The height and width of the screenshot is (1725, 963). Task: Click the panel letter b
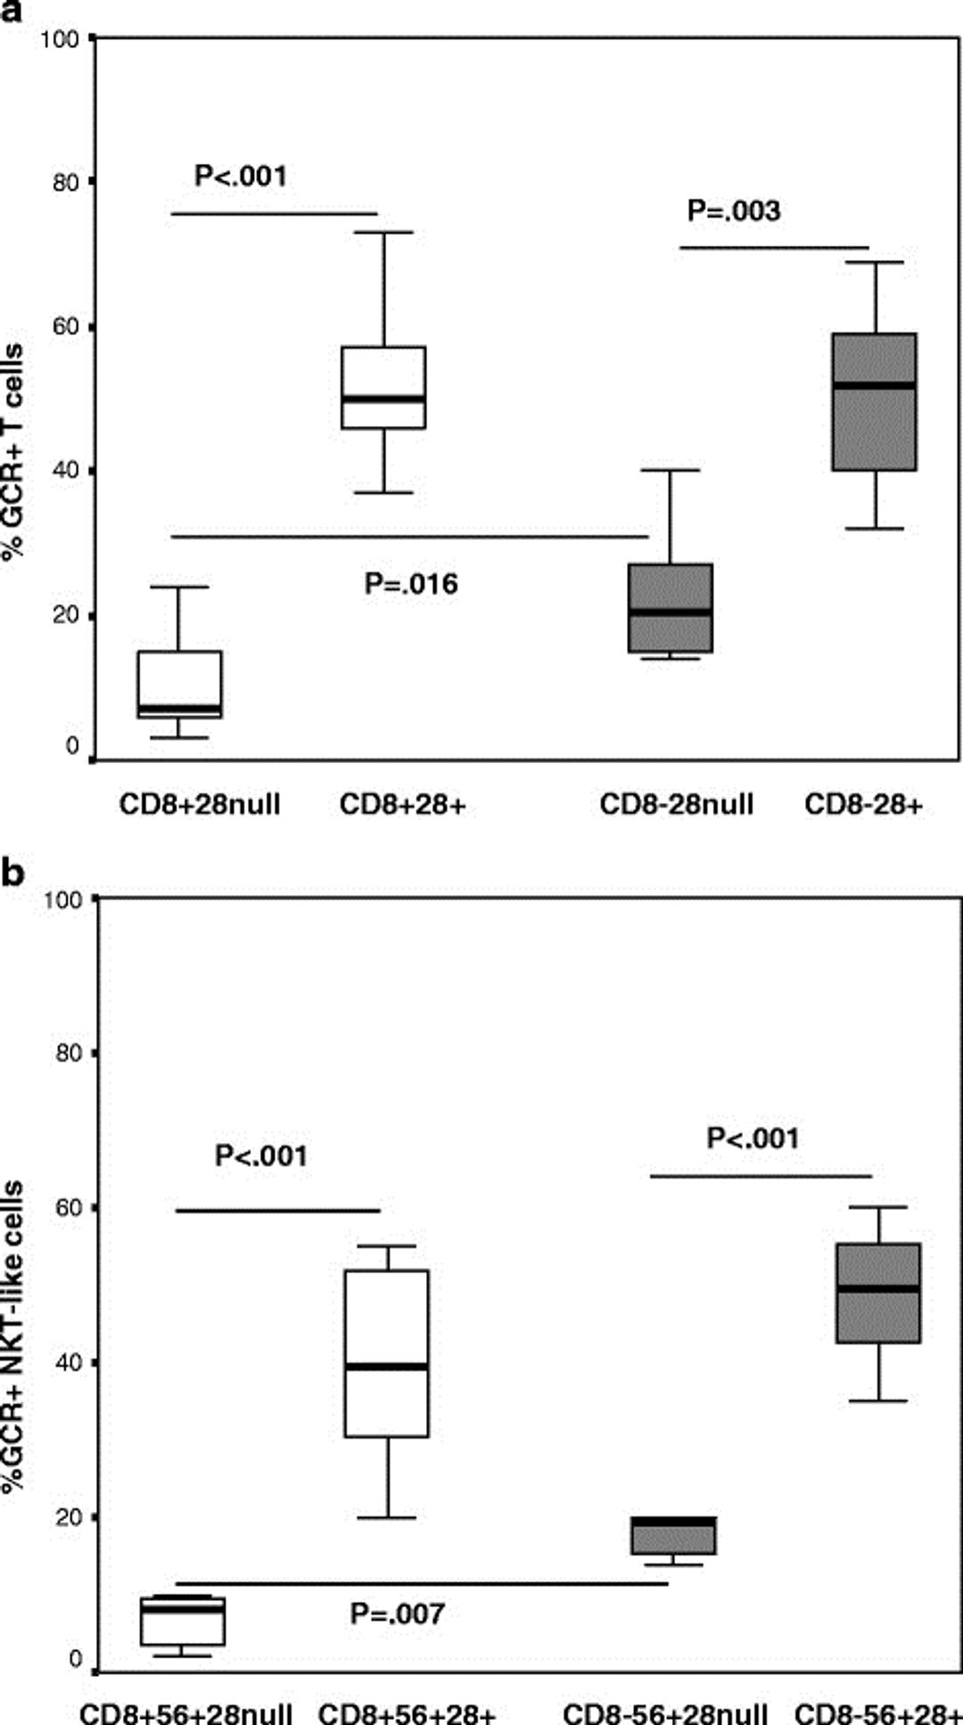pyautogui.click(x=12, y=873)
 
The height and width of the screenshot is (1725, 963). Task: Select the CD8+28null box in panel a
pyautogui.click(x=179, y=684)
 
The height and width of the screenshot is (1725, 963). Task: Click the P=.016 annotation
pyautogui.click(x=411, y=585)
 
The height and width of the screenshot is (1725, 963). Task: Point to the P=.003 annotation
pyautogui.click(x=733, y=211)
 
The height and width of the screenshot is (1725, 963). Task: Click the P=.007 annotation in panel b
pyautogui.click(x=397, y=1614)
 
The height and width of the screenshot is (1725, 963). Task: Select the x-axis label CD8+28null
pyautogui.click(x=200, y=805)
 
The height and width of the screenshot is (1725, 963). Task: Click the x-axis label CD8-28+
pyautogui.click(x=863, y=805)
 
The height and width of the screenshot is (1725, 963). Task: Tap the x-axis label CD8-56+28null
pyautogui.click(x=665, y=1713)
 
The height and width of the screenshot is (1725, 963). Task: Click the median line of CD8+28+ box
pyautogui.click(x=383, y=398)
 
